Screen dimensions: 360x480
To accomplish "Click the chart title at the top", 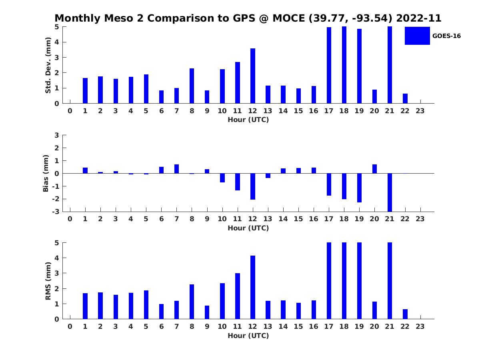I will click(x=248, y=18).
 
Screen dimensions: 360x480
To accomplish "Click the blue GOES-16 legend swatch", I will click(x=417, y=36).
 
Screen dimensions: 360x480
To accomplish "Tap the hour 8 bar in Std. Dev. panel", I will click(x=192, y=86).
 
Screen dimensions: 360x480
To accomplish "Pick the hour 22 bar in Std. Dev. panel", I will click(x=405, y=98).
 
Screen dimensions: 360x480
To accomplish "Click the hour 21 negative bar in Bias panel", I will click(x=390, y=192).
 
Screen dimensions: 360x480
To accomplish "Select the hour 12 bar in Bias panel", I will click(x=253, y=186).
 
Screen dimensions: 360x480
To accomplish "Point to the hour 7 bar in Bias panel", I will click(x=177, y=169).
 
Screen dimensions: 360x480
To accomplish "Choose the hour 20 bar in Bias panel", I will click(x=374, y=169).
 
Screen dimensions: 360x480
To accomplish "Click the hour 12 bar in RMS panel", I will click(x=253, y=287).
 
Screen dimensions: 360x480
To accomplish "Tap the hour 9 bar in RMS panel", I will click(x=207, y=312).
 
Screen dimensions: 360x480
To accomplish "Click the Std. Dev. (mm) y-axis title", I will click(x=48, y=65).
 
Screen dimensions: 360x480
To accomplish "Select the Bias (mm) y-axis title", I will click(x=46, y=174).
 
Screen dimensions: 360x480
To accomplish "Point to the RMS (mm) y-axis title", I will click(x=48, y=281).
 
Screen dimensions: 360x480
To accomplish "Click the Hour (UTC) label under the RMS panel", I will click(x=248, y=336).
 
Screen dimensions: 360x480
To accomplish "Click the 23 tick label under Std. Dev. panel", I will click(x=420, y=111).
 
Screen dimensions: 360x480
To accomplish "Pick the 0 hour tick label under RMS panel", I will click(x=70, y=326).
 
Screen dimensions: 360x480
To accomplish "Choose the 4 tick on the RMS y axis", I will click(x=57, y=258).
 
